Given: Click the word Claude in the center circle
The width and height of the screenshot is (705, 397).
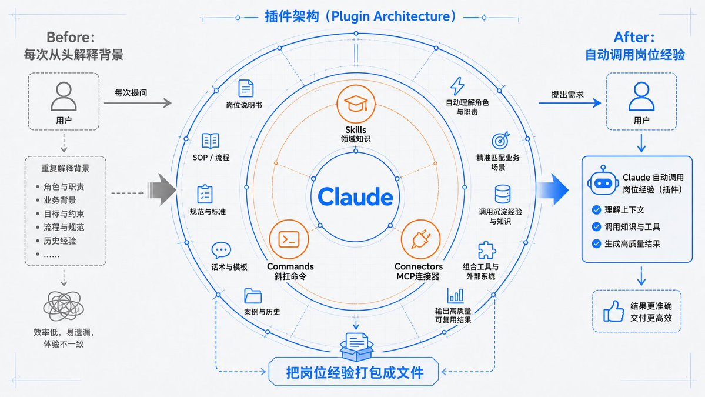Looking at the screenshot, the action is pyautogui.click(x=355, y=197).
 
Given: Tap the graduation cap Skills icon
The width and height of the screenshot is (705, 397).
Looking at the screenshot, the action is pyautogui.click(x=356, y=104).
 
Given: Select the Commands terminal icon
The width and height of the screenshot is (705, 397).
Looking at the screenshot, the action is pyautogui.click(x=289, y=239).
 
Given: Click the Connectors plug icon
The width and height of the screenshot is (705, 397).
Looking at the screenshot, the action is pyautogui.click(x=420, y=239).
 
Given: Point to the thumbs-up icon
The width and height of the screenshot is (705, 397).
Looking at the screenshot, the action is pyautogui.click(x=613, y=311).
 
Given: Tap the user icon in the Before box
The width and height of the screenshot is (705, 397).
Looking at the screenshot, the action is pyautogui.click(x=64, y=96).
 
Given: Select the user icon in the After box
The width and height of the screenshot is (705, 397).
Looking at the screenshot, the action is pyautogui.click(x=641, y=96).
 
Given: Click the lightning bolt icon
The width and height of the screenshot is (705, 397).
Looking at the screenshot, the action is pyautogui.click(x=457, y=86).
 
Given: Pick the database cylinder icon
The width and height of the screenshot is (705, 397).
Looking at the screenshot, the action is pyautogui.click(x=502, y=194).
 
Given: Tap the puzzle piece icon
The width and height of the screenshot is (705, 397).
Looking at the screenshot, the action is pyautogui.click(x=486, y=250).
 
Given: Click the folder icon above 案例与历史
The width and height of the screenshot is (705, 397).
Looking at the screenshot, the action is pyautogui.click(x=253, y=296).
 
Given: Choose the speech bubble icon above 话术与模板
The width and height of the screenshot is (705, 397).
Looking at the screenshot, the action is pyautogui.click(x=220, y=250).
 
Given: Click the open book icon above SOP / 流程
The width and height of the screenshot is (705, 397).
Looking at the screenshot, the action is pyautogui.click(x=211, y=141).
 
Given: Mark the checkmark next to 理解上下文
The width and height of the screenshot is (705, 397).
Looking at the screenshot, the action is pyautogui.click(x=596, y=210).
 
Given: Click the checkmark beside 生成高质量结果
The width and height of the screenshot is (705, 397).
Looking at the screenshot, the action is pyautogui.click(x=596, y=243).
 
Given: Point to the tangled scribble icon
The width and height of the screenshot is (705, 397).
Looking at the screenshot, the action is pyautogui.click(x=64, y=306).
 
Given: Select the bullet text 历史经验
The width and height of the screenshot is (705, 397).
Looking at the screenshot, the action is pyautogui.click(x=60, y=241).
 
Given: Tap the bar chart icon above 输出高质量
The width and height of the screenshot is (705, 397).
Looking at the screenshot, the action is pyautogui.click(x=455, y=295).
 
